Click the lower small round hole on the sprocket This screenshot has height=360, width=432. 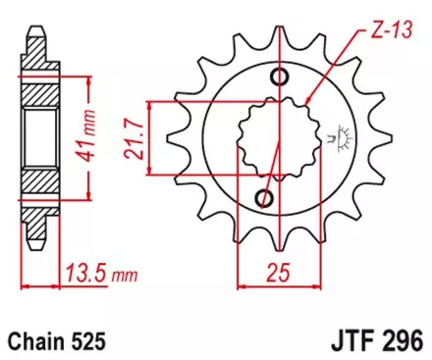[x=263, y=198]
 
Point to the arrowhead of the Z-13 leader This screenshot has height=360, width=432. [x=310, y=101]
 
